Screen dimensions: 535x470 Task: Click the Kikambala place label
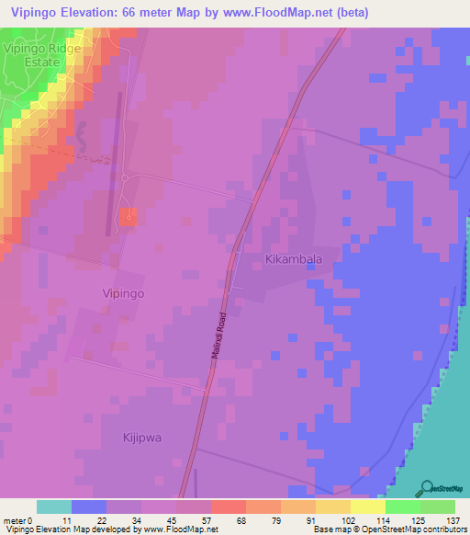point(294,260)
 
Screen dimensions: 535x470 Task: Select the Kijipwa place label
point(142,438)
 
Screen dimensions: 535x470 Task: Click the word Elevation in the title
point(106,12)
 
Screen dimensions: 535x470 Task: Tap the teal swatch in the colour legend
point(54,507)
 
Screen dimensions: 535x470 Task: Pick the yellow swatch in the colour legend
point(367,507)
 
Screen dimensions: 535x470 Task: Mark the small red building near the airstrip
point(129,217)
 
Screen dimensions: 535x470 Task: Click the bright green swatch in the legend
point(402,507)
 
